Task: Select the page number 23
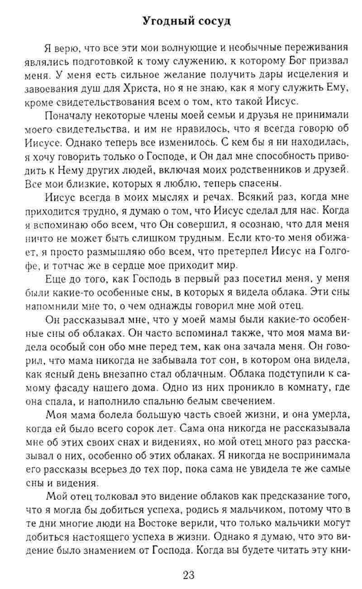[x=189, y=575]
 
